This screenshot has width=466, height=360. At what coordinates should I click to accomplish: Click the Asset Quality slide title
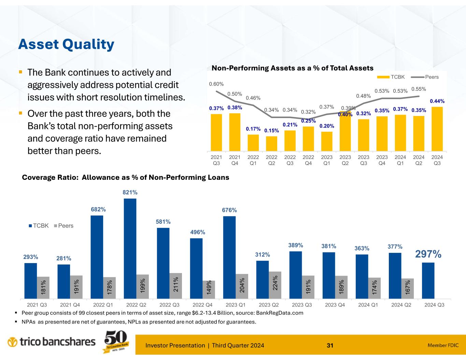click(66, 44)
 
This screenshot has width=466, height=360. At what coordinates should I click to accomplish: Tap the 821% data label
click(130, 193)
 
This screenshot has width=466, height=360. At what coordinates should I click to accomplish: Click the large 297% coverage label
click(428, 254)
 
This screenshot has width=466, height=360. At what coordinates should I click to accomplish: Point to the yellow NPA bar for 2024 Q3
click(437, 129)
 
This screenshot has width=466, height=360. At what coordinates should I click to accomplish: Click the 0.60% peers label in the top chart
click(216, 84)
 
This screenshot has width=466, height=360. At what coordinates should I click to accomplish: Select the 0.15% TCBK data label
click(271, 130)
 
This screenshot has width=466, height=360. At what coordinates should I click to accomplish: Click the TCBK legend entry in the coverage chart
click(38, 226)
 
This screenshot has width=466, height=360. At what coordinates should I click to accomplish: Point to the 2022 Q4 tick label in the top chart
click(308, 160)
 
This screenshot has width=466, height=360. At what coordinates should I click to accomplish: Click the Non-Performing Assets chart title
click(293, 68)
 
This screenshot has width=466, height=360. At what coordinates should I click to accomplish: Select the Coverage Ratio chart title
click(125, 177)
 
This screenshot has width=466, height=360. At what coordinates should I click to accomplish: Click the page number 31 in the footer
click(330, 346)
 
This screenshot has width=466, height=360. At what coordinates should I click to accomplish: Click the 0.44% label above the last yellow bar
click(437, 101)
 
